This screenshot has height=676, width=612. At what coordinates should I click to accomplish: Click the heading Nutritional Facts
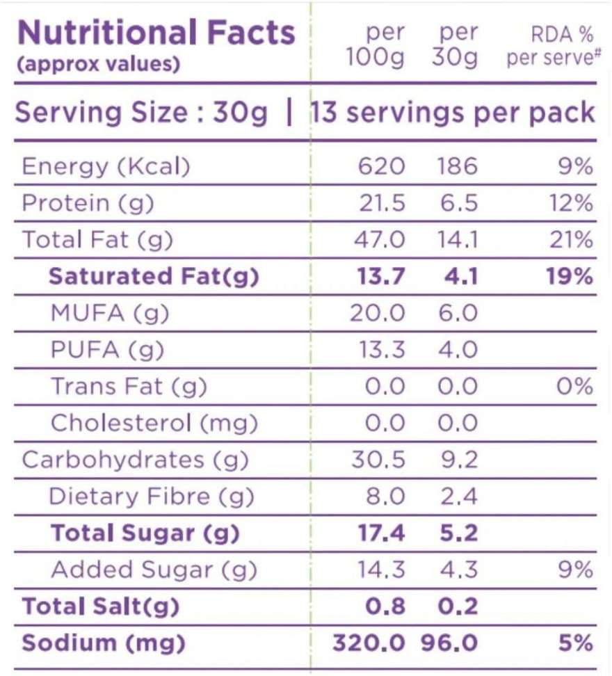(x=156, y=33)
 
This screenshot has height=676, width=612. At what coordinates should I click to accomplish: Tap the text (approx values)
(x=97, y=65)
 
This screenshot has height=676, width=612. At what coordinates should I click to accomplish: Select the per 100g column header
(x=376, y=46)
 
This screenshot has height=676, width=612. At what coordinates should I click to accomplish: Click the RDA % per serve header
(x=553, y=46)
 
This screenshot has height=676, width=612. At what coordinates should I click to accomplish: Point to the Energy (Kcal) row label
(x=105, y=167)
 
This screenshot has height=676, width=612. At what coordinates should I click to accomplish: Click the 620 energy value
(x=382, y=167)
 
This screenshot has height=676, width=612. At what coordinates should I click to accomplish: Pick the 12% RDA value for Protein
(x=574, y=204)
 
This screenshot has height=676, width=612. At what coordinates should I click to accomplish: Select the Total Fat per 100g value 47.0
(x=380, y=240)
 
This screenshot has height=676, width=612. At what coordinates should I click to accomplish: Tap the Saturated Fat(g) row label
(x=153, y=277)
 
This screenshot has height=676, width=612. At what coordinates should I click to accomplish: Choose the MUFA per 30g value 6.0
(x=458, y=313)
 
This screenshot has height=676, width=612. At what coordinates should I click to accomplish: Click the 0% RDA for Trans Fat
(x=577, y=387)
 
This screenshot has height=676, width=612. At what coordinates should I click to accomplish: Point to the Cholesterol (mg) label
(x=154, y=423)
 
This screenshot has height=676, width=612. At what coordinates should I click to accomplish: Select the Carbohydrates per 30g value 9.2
(x=458, y=460)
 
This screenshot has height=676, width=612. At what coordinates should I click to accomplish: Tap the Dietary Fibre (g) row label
(x=152, y=497)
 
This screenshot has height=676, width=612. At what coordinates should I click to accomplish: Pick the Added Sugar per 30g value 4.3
(x=458, y=570)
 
